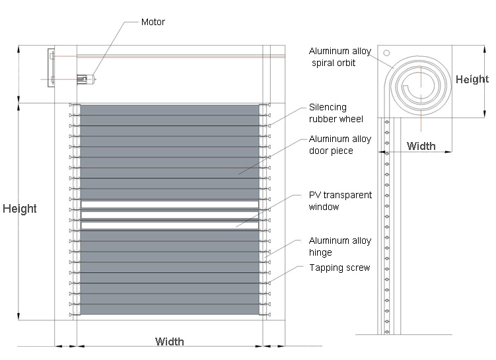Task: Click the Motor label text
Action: [x=153, y=22]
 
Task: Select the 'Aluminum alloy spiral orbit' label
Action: [x=339, y=57]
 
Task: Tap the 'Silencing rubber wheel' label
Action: [x=336, y=113]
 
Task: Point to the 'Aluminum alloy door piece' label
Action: [x=340, y=145]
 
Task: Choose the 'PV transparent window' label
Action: [x=340, y=201]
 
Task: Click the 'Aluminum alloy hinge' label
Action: [x=340, y=246]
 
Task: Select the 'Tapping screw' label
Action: [x=339, y=268]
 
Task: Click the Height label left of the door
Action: [x=20, y=209]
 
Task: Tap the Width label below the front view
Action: [x=170, y=342]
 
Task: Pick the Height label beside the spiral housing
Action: [x=472, y=79]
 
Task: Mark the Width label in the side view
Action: [x=421, y=146]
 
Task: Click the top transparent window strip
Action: [x=170, y=204]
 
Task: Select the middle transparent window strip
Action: [x=170, y=215]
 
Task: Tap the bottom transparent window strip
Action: [x=170, y=225]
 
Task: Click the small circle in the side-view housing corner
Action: [x=386, y=53]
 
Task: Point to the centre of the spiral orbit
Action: [x=421, y=86]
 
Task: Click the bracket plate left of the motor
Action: [x=51, y=67]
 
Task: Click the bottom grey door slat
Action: [x=170, y=309]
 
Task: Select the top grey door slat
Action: [x=170, y=110]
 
